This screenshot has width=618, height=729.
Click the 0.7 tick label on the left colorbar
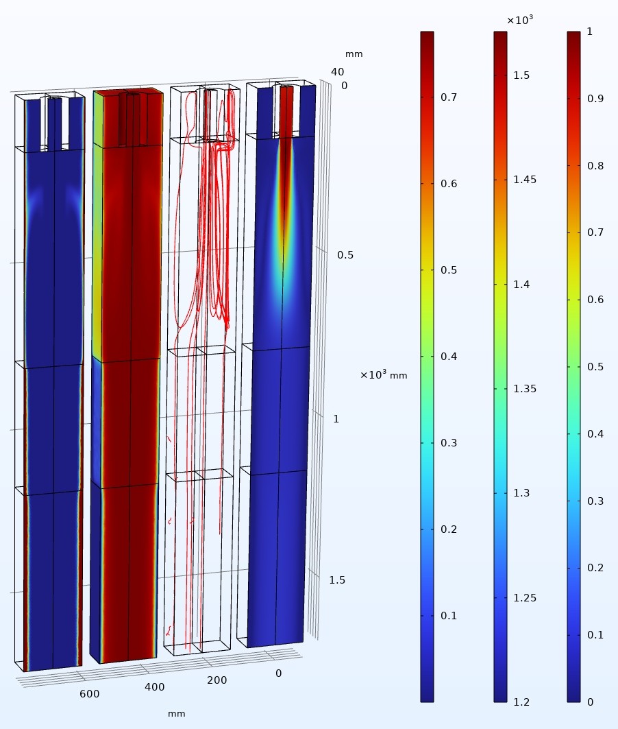[x=449, y=97]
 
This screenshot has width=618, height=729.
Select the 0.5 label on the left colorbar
[x=449, y=270]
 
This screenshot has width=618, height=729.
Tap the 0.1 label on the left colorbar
[x=449, y=616]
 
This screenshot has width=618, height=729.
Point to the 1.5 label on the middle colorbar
[x=521, y=75]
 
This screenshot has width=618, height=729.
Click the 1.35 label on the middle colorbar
[x=525, y=389]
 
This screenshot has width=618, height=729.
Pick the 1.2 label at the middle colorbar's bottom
[x=521, y=702]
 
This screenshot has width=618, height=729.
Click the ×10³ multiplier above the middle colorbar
[x=519, y=20]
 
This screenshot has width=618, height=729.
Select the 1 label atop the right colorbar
[x=590, y=32]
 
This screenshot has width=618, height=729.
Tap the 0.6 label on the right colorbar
[x=595, y=300]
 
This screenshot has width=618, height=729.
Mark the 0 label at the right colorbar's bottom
[x=590, y=702]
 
